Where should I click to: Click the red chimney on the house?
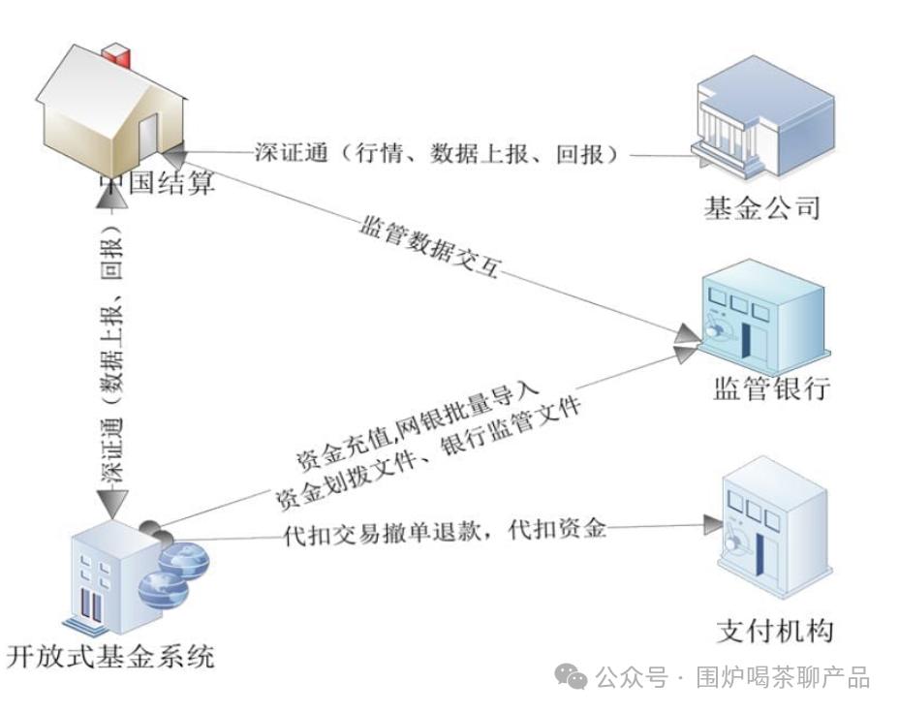tap(117, 55)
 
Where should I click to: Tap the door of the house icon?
tap(147, 137)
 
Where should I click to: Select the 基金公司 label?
tap(761, 207)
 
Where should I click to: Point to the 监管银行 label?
tap(772, 388)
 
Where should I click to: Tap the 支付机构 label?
tap(775, 631)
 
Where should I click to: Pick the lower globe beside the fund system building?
tap(164, 590)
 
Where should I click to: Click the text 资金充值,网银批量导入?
tap(418, 424)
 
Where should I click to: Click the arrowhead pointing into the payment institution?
tap(713, 524)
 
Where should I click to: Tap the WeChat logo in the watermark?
tap(571, 677)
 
